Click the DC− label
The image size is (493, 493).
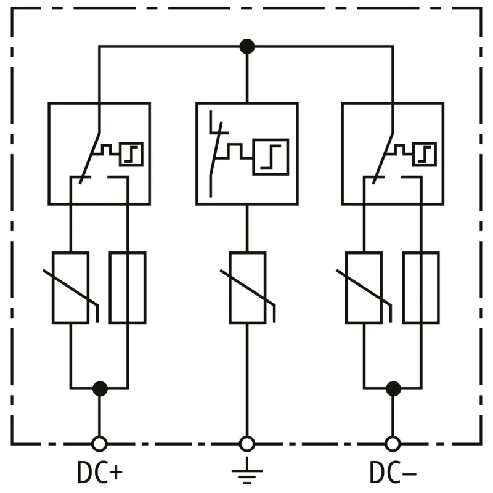(393, 473)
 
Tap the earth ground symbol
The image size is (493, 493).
(246, 472)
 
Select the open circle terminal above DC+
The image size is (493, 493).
(99, 443)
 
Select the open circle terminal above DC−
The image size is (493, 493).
(393, 443)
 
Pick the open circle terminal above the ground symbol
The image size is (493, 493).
(246, 443)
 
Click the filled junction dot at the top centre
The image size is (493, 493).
(246, 46)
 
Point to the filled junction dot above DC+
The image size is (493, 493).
(99, 388)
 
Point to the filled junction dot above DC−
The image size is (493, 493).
(393, 388)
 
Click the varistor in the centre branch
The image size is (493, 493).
(247, 288)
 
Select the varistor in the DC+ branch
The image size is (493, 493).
(71, 288)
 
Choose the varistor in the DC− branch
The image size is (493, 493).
(364, 288)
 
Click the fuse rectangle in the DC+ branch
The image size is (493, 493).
(128, 288)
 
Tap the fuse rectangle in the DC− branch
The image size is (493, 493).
(421, 288)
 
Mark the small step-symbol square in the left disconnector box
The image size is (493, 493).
(131, 154)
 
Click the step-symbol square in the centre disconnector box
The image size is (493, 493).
(270, 157)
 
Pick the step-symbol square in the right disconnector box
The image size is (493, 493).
(424, 154)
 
